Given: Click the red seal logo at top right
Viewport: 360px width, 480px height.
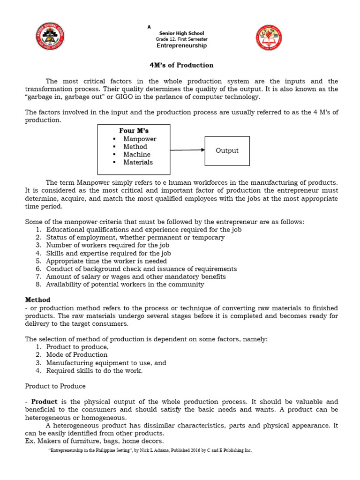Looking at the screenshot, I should pos(269,38).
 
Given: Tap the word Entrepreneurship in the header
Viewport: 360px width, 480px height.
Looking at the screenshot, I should pos(181,46).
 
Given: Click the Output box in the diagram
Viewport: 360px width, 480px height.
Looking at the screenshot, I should pos(227,151).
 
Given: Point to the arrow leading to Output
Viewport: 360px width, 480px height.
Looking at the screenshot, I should pos(187,150).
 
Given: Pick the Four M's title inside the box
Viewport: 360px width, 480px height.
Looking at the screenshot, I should pos(134,131).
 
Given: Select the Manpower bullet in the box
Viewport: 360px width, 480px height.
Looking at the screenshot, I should pos(140,139).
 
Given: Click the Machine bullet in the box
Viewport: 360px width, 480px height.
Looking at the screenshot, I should pos(137,155).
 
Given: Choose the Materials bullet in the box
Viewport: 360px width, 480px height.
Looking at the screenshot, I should pos(138,162).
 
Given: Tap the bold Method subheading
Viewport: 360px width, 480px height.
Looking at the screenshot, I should pos(37,300).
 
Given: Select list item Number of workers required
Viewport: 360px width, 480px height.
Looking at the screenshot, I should pos(108,245).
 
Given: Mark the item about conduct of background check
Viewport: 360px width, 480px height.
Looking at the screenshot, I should pos(141,269).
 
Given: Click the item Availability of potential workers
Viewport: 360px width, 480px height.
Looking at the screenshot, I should pos(125,285).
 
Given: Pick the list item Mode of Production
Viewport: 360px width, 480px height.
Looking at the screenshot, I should pos(77,355).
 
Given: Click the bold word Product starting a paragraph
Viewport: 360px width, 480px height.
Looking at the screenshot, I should pos(44,402).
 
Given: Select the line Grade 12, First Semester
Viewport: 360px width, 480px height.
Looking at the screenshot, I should pos(181,39).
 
